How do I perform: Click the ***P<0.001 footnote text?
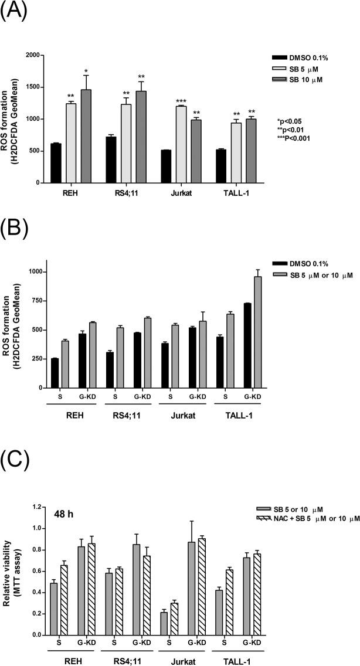(294, 138)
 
